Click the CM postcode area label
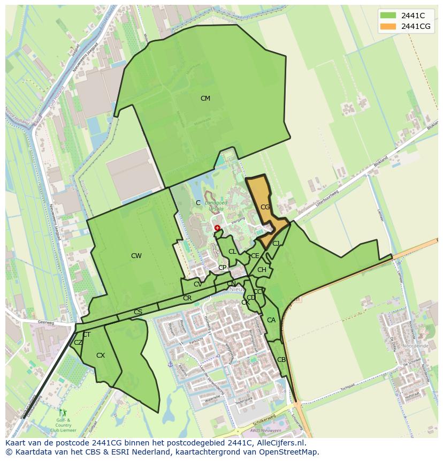click(205, 99)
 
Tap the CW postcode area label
click(136, 256)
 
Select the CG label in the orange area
click(265, 207)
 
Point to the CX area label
click(101, 356)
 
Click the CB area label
click(281, 360)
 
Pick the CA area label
click(271, 320)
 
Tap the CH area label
click(262, 270)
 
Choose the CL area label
click(232, 252)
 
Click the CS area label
click(138, 312)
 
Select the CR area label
click(187, 298)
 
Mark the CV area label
click(198, 284)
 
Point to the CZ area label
click(78, 343)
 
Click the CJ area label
click(276, 244)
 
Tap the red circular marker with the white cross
click(217, 228)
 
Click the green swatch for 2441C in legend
click(388, 16)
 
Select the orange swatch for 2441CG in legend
click(388, 26)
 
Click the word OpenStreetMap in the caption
click(289, 452)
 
